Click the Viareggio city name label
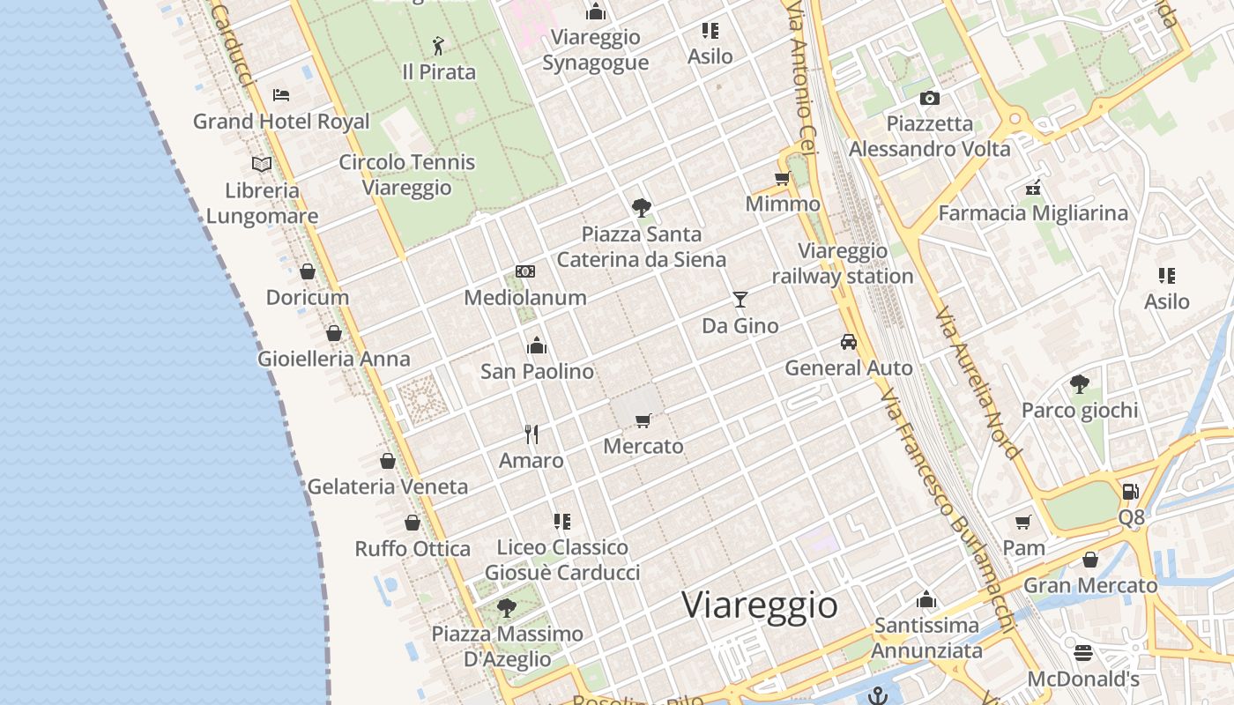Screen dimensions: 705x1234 point(760,605)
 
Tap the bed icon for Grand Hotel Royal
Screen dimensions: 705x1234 point(281,95)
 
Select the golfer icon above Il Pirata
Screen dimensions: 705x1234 point(438,46)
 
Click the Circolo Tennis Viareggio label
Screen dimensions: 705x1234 point(407,174)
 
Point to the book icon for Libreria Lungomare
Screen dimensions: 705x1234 point(262,164)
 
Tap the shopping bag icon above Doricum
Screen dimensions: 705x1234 point(308,271)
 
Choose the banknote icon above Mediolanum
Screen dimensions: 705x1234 point(525,271)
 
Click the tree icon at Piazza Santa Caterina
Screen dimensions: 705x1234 point(642,208)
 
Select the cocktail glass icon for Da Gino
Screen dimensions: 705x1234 point(740,300)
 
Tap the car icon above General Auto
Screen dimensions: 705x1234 point(849,342)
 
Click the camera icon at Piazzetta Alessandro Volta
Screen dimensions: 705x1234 point(929,98)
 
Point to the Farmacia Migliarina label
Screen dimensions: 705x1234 point(1033,213)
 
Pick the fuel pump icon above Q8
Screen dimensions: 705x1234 point(1131,492)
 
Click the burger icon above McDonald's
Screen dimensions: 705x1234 point(1083,653)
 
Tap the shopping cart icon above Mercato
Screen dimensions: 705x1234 point(643,420)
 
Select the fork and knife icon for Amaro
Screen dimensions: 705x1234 point(532,434)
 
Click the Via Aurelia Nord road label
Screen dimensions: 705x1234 point(978,382)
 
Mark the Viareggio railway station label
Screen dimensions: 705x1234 point(843,263)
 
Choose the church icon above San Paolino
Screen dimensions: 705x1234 point(537,345)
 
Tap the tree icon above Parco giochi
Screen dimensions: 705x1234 point(1079,384)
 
